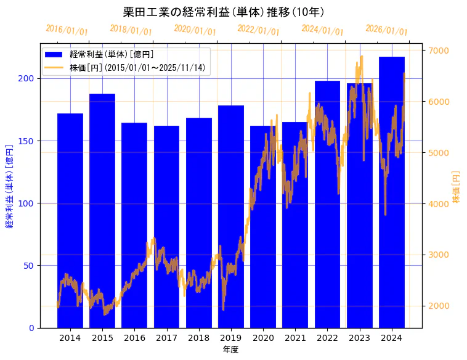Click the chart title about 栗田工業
[x=224, y=12]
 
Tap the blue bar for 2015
[x=102, y=210]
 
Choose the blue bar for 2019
[x=231, y=216]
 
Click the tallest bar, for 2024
[x=392, y=192]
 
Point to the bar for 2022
[x=327, y=204]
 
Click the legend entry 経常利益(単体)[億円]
[x=112, y=54]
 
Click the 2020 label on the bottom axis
[x=263, y=338]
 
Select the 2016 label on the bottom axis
[x=134, y=338]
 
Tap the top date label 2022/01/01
[x=259, y=30]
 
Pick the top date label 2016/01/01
[x=67, y=30]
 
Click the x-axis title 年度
[x=231, y=350]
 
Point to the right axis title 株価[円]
[x=456, y=187]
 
